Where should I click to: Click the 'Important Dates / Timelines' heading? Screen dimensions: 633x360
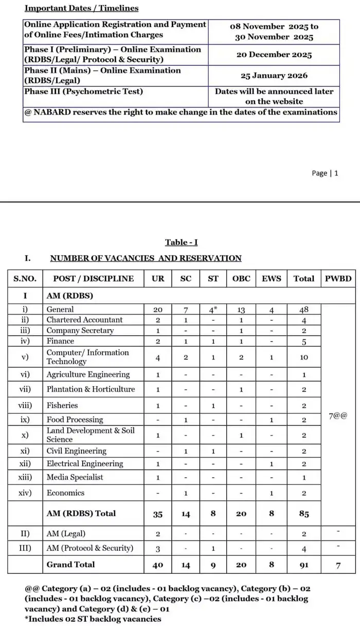[x=82, y=8]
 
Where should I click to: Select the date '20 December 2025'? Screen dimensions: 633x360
[x=274, y=55]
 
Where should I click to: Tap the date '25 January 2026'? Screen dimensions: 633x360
[x=274, y=76]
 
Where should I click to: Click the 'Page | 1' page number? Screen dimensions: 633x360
[x=325, y=173]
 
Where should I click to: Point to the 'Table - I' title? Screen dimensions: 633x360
[x=181, y=242]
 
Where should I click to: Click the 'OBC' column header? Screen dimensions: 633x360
[x=241, y=278]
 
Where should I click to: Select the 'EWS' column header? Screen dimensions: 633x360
[x=272, y=278]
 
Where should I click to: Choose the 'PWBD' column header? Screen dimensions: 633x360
[x=338, y=278]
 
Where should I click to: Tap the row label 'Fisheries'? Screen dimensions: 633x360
[x=62, y=405]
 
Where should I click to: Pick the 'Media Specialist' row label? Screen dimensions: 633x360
[x=75, y=477]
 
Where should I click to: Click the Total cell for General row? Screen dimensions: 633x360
[x=303, y=310]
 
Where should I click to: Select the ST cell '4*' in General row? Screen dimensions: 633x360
[x=213, y=310]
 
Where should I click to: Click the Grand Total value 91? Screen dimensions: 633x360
[x=303, y=565]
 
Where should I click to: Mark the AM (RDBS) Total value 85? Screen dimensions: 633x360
[x=303, y=514]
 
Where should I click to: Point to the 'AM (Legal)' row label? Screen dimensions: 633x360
[x=66, y=534]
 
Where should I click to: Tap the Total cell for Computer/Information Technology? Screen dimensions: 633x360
[x=303, y=357]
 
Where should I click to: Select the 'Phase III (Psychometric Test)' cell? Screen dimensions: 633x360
[x=84, y=92]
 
